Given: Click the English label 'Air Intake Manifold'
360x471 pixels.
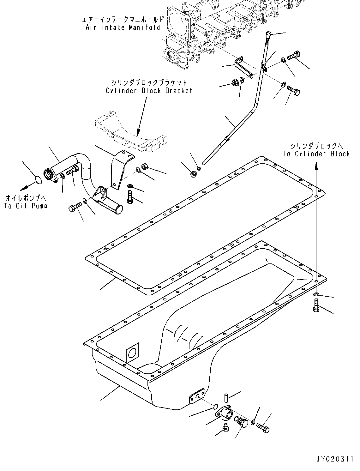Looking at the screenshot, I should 123,27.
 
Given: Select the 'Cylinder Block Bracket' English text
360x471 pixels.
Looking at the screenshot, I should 149,91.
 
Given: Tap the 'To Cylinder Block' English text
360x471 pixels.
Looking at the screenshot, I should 316,154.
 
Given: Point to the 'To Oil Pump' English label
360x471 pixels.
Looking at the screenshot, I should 26,206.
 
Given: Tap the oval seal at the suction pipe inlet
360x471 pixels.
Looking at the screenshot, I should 38,180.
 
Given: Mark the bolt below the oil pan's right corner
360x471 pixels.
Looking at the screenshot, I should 316,305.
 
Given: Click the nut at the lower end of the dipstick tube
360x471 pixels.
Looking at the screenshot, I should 194,173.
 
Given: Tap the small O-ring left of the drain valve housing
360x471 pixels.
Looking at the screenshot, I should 215,407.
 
